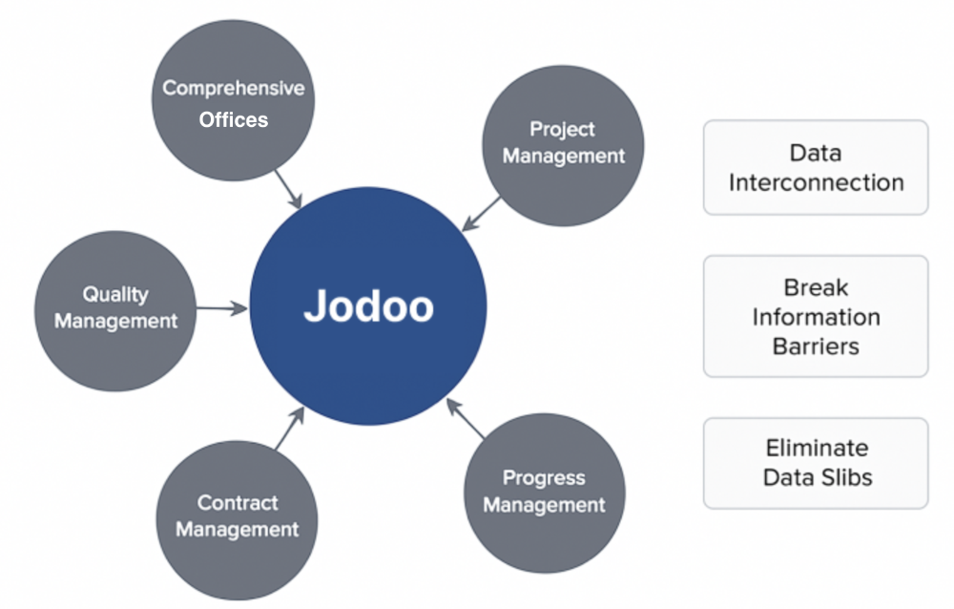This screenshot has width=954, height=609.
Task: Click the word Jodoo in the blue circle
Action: pos(368,305)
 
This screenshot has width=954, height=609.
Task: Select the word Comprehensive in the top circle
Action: pos(234,89)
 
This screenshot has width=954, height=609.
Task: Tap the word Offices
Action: pos(234,119)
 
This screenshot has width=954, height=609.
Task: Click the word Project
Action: pos(562,130)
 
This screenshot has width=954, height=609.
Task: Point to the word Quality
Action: pos(115,295)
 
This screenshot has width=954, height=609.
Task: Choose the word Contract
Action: pos(238,502)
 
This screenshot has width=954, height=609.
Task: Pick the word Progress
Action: pos(544,478)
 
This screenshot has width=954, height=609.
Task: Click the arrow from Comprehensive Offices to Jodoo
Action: pos(288,189)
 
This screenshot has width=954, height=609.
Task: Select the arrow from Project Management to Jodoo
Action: pos(481,214)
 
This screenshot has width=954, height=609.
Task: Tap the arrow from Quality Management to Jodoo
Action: pos(222,308)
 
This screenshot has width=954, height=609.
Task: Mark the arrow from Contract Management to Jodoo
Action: pos(290,429)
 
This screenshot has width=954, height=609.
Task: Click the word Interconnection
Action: pos(817,182)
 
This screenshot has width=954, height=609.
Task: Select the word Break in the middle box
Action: pos(816,287)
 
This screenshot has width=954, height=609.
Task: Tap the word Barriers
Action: pos(816,346)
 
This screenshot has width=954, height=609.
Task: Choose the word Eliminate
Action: pos(818,448)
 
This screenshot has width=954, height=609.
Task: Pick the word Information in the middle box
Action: pos(817,317)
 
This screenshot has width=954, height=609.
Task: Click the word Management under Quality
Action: pos(115,321)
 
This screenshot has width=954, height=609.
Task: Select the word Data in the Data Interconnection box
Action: pos(816,153)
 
